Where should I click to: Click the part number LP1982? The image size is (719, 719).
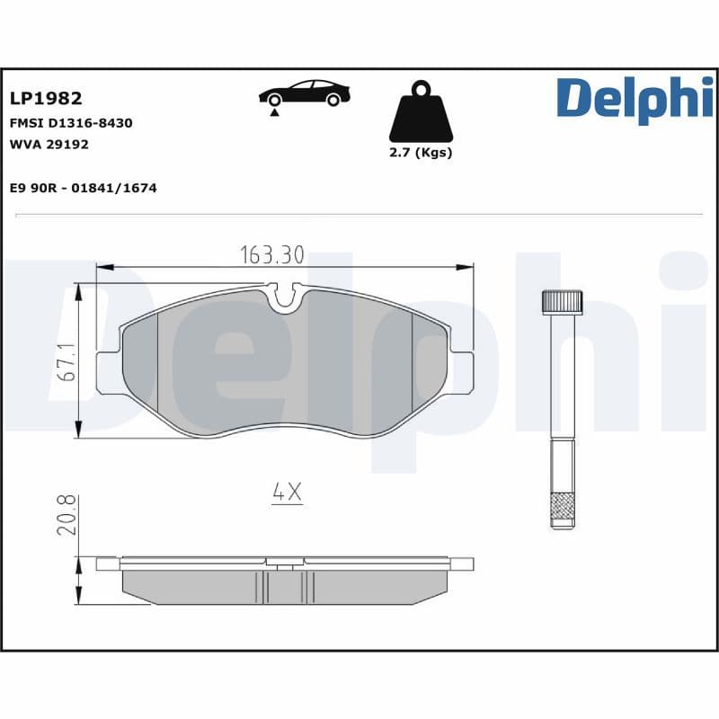coord(46,99)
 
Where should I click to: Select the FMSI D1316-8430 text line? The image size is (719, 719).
coord(71,123)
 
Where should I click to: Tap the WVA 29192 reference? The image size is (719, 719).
coord(49,144)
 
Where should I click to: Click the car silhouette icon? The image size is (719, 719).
coord(305,93)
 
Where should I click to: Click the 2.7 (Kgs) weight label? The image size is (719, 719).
coord(420,153)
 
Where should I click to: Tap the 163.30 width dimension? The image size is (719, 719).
coord(271,255)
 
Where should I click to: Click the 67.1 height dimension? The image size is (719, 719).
coord(66,362)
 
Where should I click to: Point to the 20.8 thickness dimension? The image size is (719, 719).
coord(66,514)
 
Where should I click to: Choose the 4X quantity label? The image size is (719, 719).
coord(287,493)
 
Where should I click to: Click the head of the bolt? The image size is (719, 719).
coord(563,301)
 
